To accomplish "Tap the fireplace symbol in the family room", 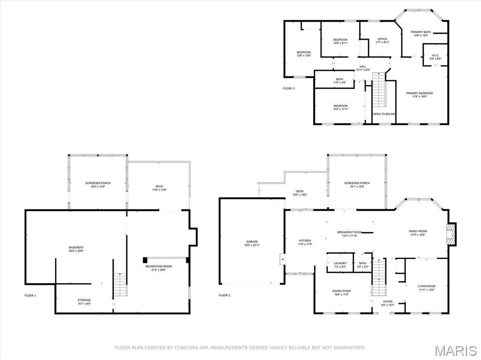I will [451, 233].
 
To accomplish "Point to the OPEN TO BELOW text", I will [384, 114].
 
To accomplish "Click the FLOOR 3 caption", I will [288, 88].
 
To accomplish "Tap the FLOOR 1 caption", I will [30, 296].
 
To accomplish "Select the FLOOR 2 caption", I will [225, 296].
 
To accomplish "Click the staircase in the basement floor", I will [120, 284].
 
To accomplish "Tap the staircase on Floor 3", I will [379, 90].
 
